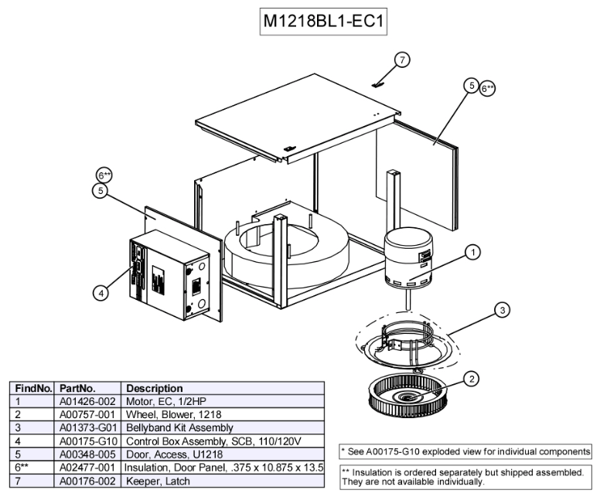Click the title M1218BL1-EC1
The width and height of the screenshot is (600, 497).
click(x=322, y=22)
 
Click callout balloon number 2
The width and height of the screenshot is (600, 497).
click(x=472, y=377)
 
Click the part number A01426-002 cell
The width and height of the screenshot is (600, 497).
click(x=89, y=402)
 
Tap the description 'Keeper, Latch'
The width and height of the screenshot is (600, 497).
click(x=159, y=481)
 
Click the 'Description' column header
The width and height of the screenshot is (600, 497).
click(x=154, y=388)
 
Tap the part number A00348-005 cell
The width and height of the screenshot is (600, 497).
click(x=89, y=454)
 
